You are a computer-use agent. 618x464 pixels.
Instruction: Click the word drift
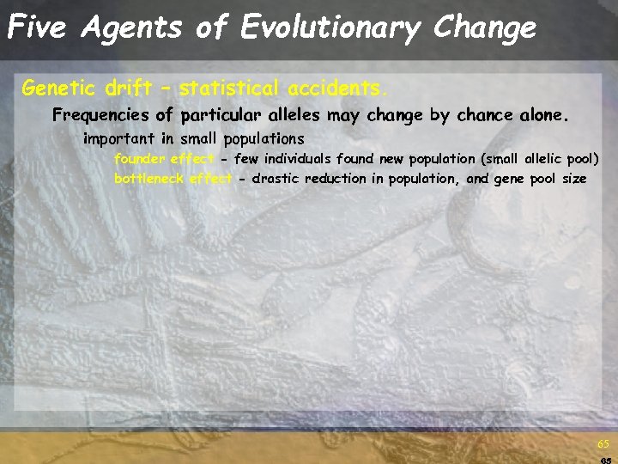[130, 88]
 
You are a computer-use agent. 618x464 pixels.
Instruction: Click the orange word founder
[140, 159]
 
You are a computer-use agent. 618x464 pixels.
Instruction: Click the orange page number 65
[603, 444]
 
